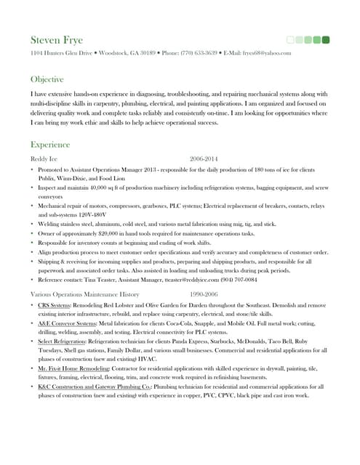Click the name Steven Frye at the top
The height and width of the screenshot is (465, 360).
(x=57, y=39)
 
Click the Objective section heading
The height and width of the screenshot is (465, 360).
(x=47, y=78)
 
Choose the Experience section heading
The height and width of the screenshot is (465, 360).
(x=50, y=145)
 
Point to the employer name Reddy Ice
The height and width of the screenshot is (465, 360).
(x=44, y=158)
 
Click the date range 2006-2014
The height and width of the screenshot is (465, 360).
(x=204, y=158)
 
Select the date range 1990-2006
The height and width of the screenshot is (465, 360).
(x=204, y=294)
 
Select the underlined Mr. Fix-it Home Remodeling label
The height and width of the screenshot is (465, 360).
(x=72, y=369)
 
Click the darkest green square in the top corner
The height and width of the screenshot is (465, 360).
(x=326, y=39)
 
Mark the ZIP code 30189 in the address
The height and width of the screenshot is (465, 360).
(x=148, y=53)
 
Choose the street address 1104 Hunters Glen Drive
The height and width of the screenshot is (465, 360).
(x=61, y=53)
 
